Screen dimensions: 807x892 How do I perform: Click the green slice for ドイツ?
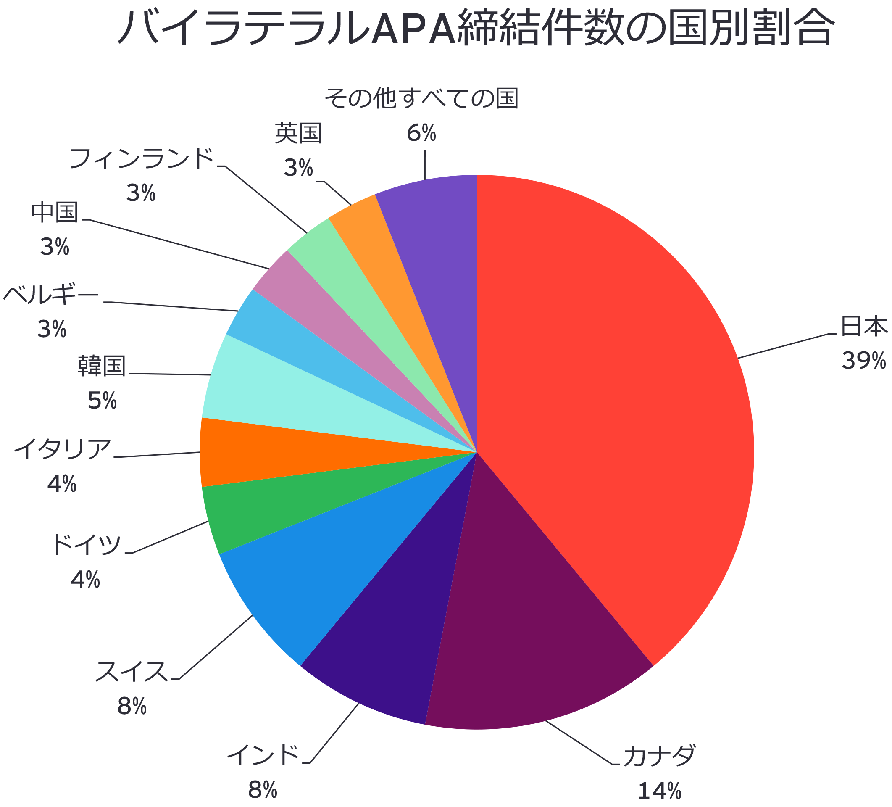(x=274, y=500)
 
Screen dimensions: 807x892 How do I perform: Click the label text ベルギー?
(x=51, y=294)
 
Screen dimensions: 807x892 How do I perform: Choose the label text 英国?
(x=298, y=133)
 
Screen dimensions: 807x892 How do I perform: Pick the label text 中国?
(x=55, y=213)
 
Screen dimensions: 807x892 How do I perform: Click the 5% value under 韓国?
(x=102, y=401)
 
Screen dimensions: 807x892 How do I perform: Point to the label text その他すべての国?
(x=421, y=98)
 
